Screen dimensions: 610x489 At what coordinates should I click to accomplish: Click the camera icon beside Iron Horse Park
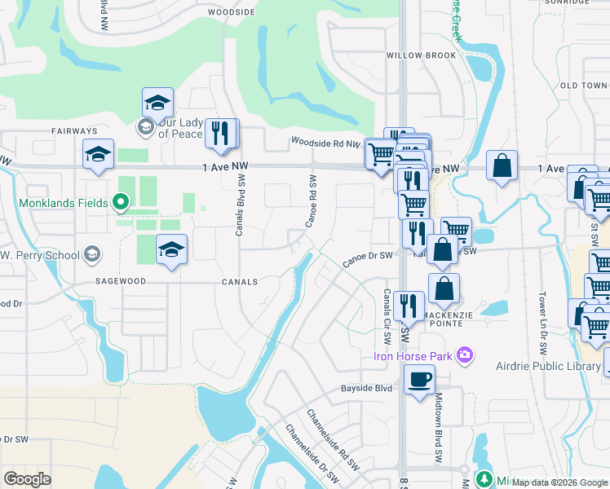(x=465, y=355)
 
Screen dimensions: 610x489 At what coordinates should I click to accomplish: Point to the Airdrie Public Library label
(x=548, y=367)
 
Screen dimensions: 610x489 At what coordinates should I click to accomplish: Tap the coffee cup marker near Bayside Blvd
(x=419, y=381)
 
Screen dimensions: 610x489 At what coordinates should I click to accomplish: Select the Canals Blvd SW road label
(x=240, y=209)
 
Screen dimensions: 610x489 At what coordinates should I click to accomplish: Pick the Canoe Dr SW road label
(x=368, y=258)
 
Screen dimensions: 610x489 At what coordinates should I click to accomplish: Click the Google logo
(x=28, y=479)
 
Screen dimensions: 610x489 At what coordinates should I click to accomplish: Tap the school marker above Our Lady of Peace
(x=157, y=104)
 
